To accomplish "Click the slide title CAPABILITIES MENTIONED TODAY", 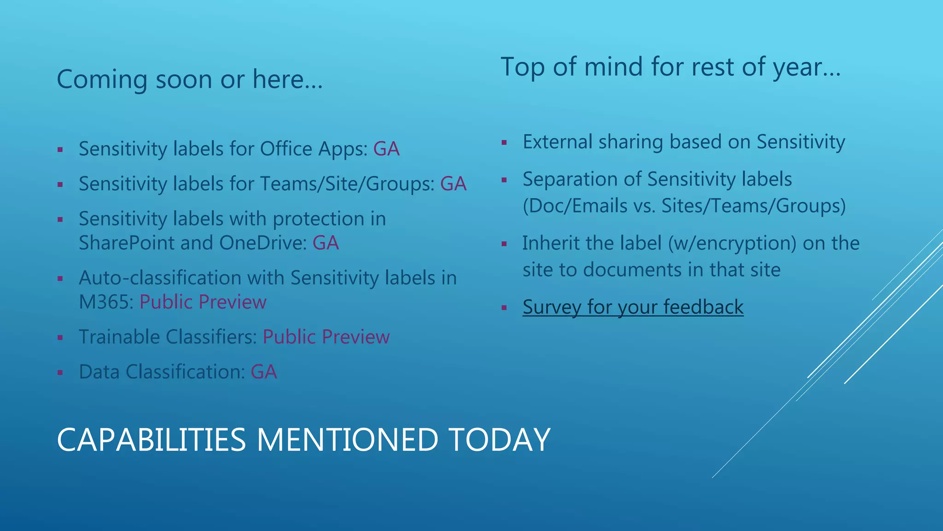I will point(303,440).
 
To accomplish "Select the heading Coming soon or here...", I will point(189,79).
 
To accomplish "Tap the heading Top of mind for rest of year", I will point(670,67).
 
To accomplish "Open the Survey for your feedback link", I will point(633,307).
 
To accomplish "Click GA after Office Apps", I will point(386,149).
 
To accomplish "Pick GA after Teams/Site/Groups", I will point(453,184).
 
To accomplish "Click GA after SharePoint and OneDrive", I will point(326,243).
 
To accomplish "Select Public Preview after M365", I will point(203,302).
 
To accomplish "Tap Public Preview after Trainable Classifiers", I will point(326,337).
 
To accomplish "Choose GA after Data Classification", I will point(263,372).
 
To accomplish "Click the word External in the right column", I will point(557,142).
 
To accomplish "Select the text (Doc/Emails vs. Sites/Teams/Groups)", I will point(684,206).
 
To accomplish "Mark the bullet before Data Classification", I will point(60,372).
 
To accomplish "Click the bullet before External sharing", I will point(504,143).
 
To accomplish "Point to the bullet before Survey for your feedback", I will point(504,308).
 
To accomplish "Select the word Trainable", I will point(119,337).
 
